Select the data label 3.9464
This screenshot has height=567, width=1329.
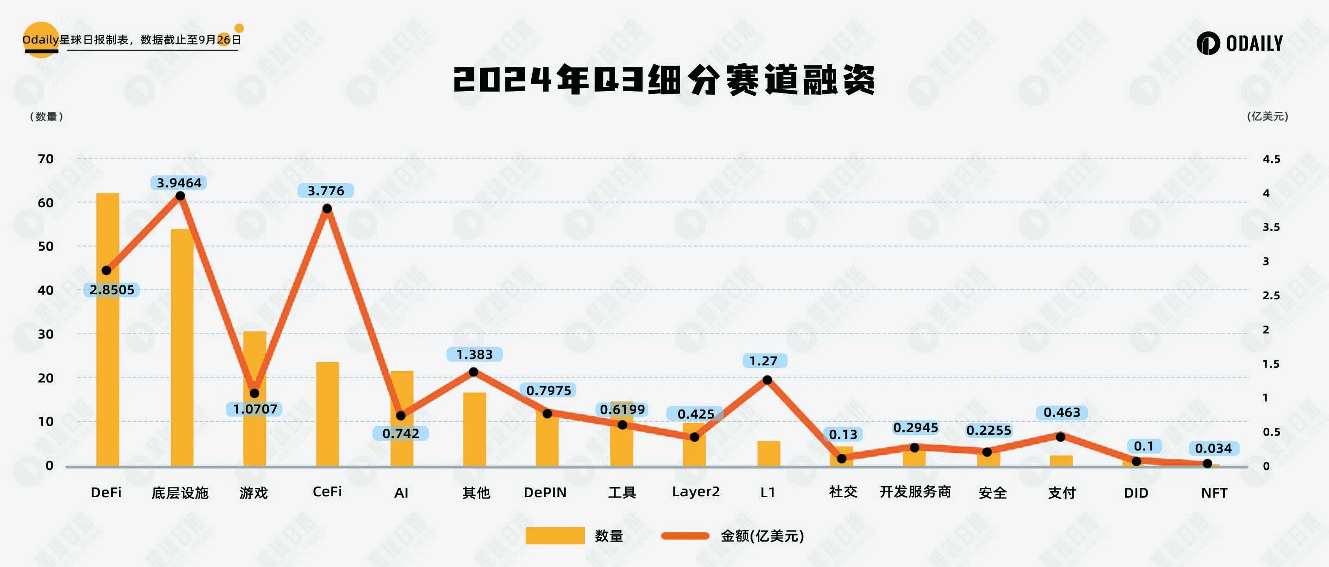(179, 183)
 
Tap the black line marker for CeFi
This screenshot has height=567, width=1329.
(327, 209)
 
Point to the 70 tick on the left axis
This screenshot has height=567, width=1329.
(46, 159)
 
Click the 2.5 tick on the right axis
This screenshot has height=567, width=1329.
(1271, 296)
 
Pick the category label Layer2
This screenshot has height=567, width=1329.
(696, 492)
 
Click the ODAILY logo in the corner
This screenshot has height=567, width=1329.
(1239, 43)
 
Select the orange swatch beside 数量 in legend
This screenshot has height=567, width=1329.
(555, 536)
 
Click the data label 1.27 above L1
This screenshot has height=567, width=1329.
(764, 361)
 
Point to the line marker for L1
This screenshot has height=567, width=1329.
(767, 380)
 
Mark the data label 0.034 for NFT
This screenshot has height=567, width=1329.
(1213, 449)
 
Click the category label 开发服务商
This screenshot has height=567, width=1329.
(915, 492)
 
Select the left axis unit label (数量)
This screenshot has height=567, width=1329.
(46, 117)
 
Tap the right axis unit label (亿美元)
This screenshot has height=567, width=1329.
(1267, 117)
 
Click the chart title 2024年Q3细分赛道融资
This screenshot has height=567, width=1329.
(664, 80)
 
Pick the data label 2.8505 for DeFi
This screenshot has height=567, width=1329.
(112, 290)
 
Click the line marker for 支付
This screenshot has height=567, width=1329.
(1061, 437)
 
